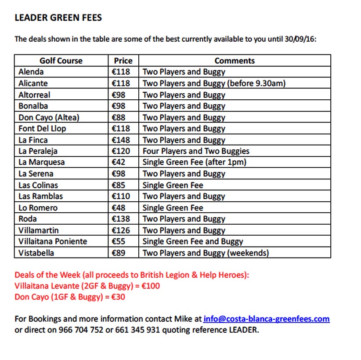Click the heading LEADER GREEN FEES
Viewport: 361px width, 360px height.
(58, 18)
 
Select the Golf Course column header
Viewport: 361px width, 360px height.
(61, 61)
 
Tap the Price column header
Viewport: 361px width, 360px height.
(123, 61)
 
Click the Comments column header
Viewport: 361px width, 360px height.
(235, 61)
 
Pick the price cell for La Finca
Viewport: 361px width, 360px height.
(122, 140)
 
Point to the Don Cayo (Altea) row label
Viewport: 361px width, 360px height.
(49, 117)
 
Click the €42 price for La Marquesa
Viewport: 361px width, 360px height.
(119, 162)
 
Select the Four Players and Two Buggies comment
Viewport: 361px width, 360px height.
(196, 151)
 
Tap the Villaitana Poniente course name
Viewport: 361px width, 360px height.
(53, 241)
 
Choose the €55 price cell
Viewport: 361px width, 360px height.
(119, 241)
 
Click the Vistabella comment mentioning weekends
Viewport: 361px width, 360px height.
(206, 253)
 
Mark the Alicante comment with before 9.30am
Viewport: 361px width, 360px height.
(214, 83)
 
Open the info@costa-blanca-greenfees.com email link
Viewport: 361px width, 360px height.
(266, 319)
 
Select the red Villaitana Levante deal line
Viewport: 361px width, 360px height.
(87, 286)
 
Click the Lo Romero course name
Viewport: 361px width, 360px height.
(38, 208)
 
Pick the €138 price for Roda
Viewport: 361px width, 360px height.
(122, 219)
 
